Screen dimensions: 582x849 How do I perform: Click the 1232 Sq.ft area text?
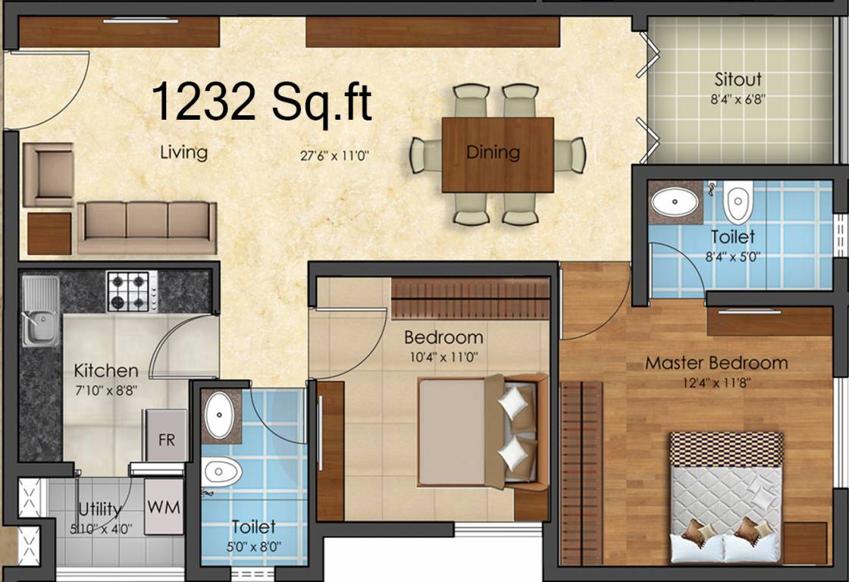262,102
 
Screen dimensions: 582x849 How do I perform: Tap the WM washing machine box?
164,507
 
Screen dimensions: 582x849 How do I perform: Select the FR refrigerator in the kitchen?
167,439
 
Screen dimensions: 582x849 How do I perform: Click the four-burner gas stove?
132,291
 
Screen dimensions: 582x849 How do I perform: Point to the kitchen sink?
39,311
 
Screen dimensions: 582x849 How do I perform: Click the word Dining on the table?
493,152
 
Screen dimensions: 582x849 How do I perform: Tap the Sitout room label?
738,79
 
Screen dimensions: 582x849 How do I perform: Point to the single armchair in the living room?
49,174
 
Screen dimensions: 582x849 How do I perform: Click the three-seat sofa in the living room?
147,226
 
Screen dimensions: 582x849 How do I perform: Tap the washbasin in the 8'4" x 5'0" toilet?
675,202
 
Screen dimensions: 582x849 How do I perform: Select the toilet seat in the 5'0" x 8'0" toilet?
222,472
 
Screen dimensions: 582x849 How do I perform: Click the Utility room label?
99,508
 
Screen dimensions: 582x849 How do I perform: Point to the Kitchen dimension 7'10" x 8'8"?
105,390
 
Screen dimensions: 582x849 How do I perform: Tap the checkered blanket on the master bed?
726,449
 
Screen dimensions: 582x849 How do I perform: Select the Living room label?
183,152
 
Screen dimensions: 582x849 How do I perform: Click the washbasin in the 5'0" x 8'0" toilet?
221,416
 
